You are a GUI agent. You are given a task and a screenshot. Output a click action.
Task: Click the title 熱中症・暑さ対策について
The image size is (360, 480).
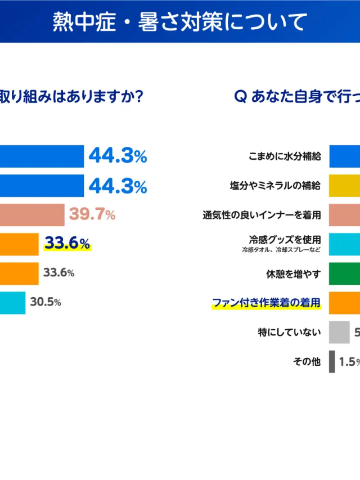click(180, 22)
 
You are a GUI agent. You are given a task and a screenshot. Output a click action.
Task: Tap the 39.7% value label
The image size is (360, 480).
click(92, 214)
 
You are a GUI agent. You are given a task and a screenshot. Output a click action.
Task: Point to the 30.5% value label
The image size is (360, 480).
click(46, 302)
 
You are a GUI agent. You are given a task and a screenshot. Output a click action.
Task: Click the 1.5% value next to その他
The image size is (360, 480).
click(349, 361)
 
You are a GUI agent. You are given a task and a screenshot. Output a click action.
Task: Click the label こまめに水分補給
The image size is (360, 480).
click(285, 156)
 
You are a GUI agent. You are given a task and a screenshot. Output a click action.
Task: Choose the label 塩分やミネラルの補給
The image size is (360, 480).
click(276, 186)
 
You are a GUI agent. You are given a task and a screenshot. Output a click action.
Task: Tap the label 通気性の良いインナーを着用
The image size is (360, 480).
click(262, 215)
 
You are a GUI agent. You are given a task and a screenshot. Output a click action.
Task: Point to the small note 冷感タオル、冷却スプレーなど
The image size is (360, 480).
click(281, 249)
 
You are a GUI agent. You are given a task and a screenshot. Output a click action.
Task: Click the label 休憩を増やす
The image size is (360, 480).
click(293, 274)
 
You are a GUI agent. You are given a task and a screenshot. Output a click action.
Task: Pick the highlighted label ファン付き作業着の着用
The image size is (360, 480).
click(266, 303)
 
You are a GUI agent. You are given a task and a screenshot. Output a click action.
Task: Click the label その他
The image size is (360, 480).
click(307, 361)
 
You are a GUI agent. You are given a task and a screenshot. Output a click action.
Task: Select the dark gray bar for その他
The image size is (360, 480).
click(332, 361)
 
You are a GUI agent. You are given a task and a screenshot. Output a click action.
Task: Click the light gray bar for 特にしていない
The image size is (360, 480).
click(339, 332)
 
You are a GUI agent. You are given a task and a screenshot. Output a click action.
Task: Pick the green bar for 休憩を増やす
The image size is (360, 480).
click(345, 273)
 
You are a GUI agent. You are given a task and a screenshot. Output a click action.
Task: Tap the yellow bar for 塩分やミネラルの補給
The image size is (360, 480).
click(345, 186)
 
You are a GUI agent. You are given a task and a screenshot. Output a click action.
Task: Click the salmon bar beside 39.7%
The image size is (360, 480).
click(32, 214)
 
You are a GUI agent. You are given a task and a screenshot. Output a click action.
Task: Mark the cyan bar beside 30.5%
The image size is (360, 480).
click(12, 302)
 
